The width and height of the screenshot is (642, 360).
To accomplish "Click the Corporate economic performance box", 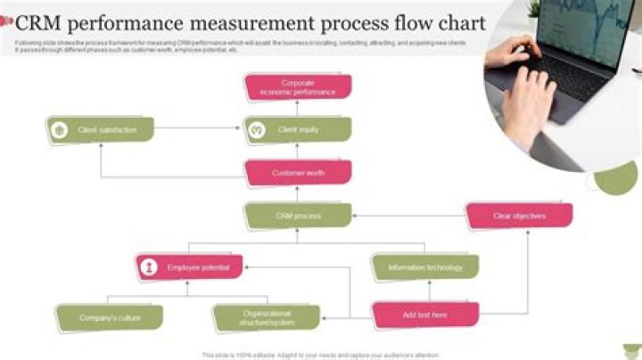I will (x=298, y=87).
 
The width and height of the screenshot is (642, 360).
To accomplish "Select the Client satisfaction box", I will (x=101, y=130).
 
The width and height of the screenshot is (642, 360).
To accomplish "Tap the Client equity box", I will (x=298, y=130).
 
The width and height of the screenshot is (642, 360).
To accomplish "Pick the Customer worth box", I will (x=298, y=173).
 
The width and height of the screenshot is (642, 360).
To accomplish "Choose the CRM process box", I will (x=298, y=216).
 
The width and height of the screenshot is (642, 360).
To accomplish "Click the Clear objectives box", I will (x=519, y=216).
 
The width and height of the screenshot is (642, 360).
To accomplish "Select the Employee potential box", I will (x=189, y=267).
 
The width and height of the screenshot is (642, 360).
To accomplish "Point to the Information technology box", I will (x=425, y=267).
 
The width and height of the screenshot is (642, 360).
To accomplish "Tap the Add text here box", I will (x=425, y=315).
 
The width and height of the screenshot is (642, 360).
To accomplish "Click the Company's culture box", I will (x=110, y=317).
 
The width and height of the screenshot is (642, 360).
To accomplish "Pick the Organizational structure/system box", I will (x=267, y=317).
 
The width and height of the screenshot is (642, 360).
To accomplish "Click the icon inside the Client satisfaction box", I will (x=60, y=130).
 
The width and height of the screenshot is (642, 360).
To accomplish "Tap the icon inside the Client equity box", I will (x=257, y=130).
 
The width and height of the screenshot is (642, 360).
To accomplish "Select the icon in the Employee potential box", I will (x=149, y=267).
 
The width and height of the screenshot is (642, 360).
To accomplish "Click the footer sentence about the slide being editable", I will (x=321, y=355).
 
